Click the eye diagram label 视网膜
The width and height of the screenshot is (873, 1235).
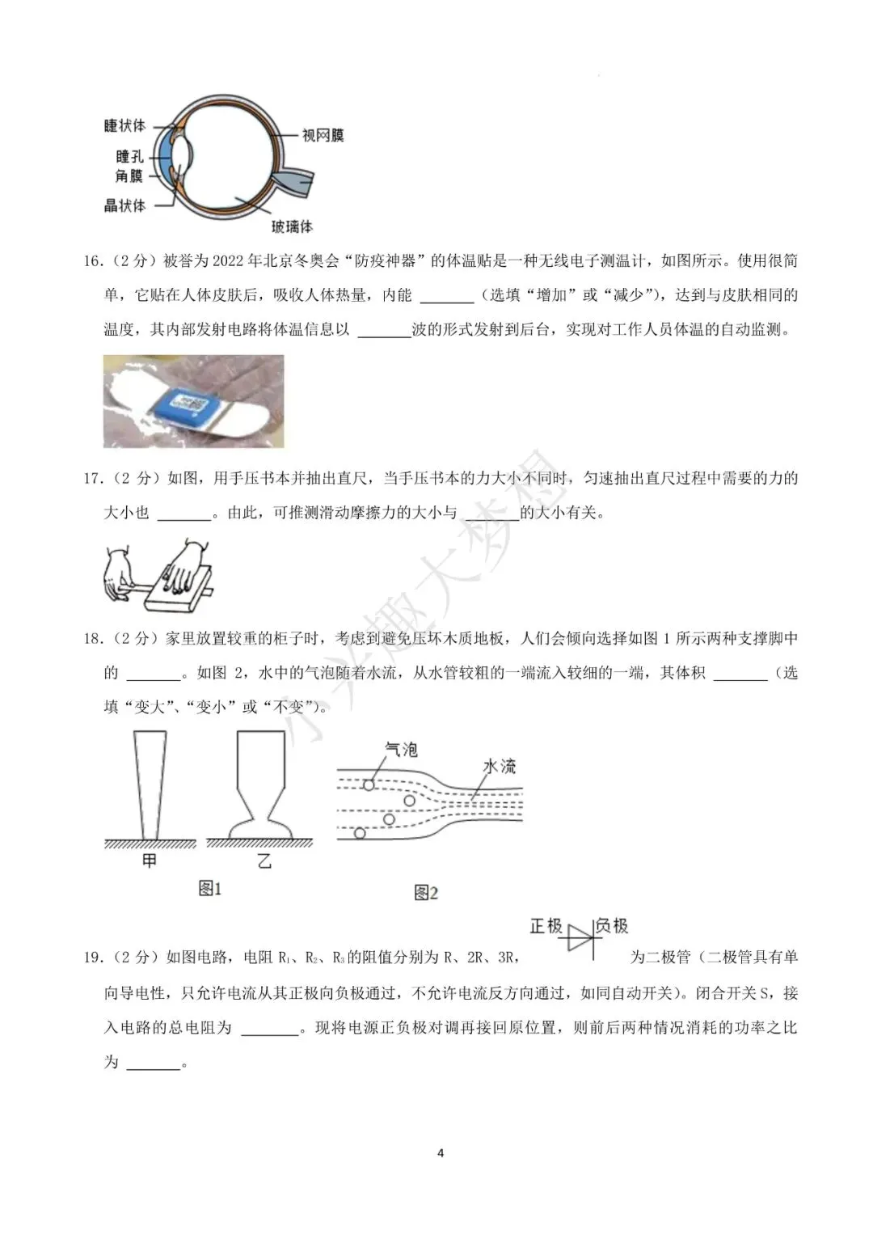coord(323,136)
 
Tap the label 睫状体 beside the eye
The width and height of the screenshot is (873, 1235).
coord(124,125)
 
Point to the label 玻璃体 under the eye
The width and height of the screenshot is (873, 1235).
coord(292,226)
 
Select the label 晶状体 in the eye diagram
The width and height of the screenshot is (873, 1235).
coord(124,205)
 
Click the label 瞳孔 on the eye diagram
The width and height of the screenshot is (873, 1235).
coord(129,157)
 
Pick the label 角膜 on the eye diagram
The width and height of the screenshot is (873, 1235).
coord(129,176)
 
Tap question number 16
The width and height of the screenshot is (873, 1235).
coord(94,261)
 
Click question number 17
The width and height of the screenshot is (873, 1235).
coord(94,479)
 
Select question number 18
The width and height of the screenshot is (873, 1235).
coord(94,639)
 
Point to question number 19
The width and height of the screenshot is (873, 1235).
coord(94,958)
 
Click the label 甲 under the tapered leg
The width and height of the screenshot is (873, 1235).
coord(149,861)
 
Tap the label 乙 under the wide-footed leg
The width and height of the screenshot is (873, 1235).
coord(264,861)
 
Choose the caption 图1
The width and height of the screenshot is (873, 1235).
coord(210,889)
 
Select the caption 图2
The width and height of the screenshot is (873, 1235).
coord(426,893)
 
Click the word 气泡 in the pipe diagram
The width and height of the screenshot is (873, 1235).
coord(401,750)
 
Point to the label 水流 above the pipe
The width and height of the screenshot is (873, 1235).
coord(499,765)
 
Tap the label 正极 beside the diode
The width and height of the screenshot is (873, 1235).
coord(546,926)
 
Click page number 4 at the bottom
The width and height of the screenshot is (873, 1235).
coord(441,1153)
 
